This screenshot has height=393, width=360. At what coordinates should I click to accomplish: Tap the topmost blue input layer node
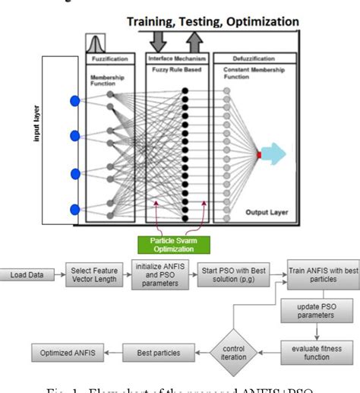[x=74, y=100]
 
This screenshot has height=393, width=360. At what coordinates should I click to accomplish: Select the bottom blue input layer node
[x=74, y=209]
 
